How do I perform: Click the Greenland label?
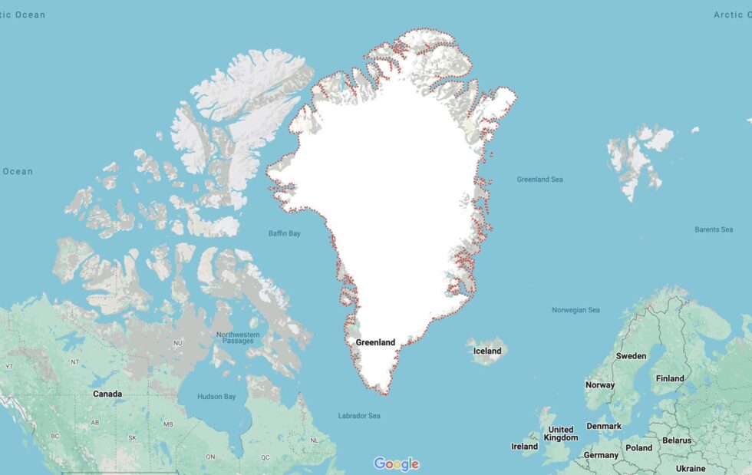point(375,342)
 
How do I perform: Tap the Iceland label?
point(486,351)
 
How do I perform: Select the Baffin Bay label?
point(284,233)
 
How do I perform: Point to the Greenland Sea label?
point(539,180)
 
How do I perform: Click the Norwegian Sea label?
point(576,310)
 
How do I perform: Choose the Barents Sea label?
point(714,229)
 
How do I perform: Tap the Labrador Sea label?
point(359,416)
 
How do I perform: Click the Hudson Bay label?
point(217,397)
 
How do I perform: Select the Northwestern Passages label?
point(238,338)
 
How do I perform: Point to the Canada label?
point(107,394)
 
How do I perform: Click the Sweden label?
point(631,356)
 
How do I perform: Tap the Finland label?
point(670,378)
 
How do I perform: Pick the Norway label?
point(600,385)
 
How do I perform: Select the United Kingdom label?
point(561,434)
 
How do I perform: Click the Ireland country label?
point(525,447)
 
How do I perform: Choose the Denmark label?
point(604,427)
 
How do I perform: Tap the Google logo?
point(396,463)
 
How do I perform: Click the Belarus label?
point(677,441)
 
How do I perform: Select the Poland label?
point(638,448)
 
